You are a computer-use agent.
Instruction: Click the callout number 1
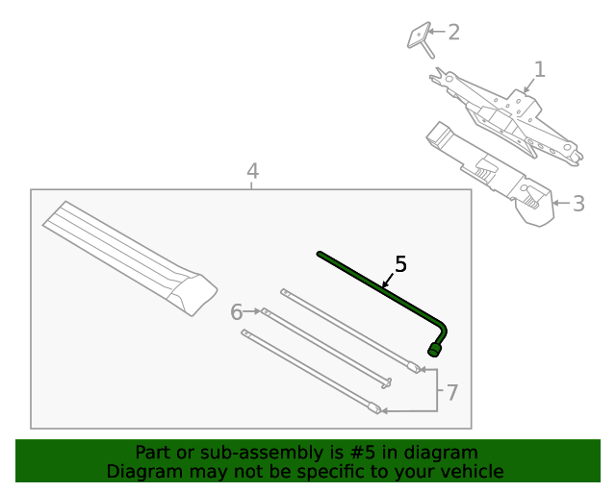pos(539,69)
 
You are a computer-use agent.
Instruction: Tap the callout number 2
pos(453,33)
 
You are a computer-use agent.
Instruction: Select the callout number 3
pos(577,204)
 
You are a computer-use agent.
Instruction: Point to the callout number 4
pos(252,171)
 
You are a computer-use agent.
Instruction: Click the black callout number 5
pos(400,263)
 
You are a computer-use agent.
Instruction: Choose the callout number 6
pos(237,311)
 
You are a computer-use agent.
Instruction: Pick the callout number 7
pos(452,392)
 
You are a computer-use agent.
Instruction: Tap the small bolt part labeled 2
pos(420,39)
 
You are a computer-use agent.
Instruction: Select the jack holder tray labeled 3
pos(491,173)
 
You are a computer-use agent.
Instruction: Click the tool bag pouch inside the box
pos(130,255)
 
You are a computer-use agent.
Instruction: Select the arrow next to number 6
pos(254,311)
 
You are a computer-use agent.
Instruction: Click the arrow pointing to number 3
pos(558,203)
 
